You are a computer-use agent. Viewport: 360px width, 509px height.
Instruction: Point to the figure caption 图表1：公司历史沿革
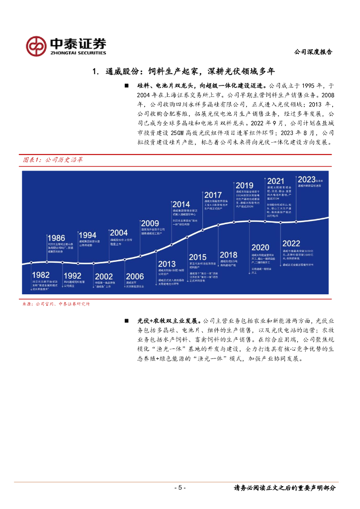[x=53, y=160]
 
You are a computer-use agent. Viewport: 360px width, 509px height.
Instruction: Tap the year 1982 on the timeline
[x=41, y=275]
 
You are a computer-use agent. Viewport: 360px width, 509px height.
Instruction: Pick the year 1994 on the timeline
[x=87, y=235]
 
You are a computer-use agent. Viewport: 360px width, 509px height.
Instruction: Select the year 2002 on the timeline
[x=103, y=276]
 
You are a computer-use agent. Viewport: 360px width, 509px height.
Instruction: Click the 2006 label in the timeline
[x=135, y=276]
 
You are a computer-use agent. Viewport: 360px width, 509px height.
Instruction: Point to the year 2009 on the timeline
[x=150, y=223]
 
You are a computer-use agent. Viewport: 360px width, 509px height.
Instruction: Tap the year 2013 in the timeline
[x=167, y=264]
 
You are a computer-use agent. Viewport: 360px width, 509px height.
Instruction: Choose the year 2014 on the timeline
[x=181, y=204]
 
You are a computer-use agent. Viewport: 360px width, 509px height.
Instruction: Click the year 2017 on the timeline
[x=213, y=195]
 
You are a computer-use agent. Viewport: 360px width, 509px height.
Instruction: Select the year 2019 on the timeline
[x=245, y=185]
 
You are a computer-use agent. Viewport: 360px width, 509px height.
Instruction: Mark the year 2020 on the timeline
[x=260, y=247]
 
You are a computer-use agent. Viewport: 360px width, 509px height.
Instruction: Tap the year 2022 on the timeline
[x=291, y=243]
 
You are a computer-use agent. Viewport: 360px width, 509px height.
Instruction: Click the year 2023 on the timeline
[x=307, y=179]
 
